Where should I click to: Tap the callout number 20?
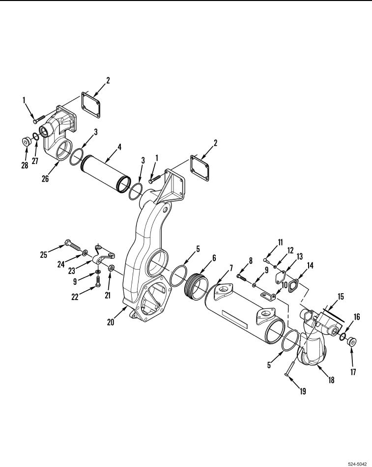[x=112, y=322]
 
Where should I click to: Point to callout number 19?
[x=302, y=391]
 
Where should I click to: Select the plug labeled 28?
[x=26, y=142]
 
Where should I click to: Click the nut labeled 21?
[x=112, y=268]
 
